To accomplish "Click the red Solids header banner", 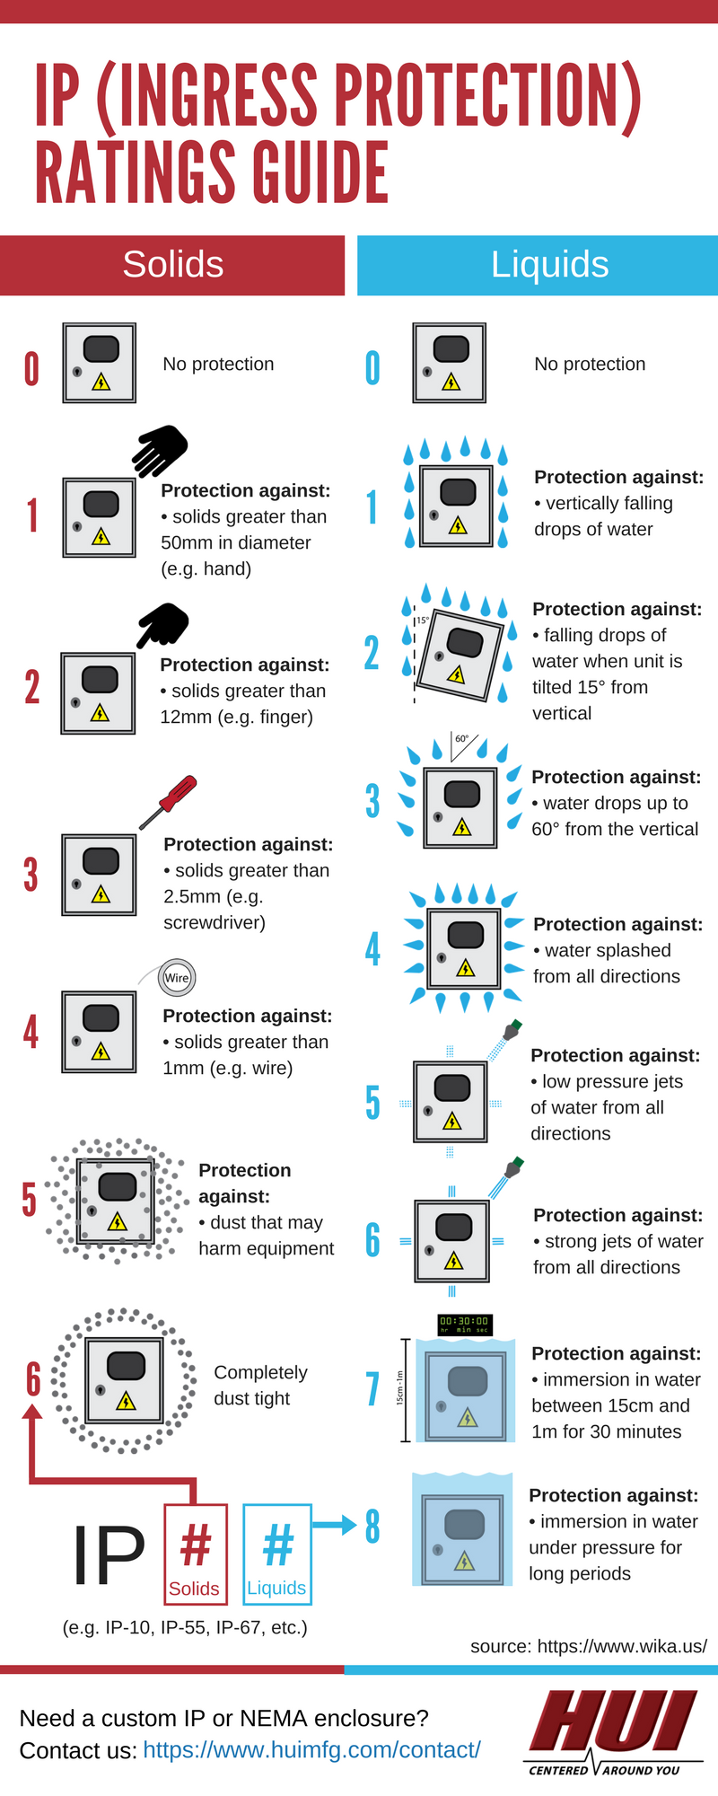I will coord(172,265).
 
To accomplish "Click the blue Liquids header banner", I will coord(549,265).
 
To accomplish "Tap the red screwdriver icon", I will coord(171,799).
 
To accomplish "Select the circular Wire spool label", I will coord(177,977).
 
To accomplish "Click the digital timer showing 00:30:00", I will coord(464,1324).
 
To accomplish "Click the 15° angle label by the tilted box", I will coord(422,620).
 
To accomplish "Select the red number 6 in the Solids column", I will coord(33,1379).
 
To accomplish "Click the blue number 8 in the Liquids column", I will coord(372,1526).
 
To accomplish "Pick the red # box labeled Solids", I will coord(195,1553).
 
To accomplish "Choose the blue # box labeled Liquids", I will coord(277,1553).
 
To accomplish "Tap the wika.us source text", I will coord(588,1645).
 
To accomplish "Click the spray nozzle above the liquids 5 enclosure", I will coord(512,1030).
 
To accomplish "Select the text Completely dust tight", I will coord(260,1385).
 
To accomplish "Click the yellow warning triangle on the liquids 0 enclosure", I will coord(451,383).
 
